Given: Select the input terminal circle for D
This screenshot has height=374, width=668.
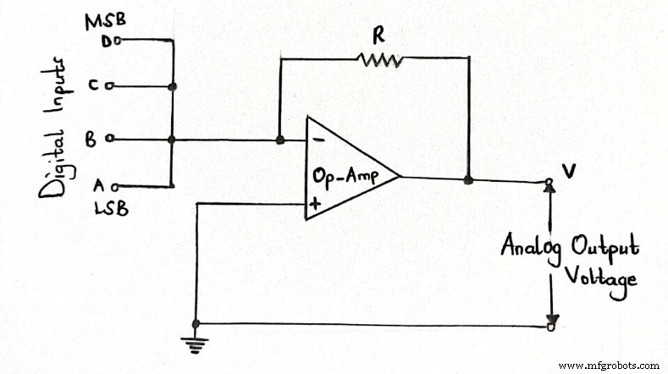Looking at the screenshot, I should [119, 40].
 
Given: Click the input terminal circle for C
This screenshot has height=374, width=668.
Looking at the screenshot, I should [111, 86].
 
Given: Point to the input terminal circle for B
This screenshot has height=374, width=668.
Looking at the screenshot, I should [111, 140].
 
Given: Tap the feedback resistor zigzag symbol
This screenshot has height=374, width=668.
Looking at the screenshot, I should [379, 58].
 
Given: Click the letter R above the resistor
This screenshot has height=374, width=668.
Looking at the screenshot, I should [378, 34].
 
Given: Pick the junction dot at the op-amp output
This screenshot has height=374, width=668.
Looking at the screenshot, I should [468, 179].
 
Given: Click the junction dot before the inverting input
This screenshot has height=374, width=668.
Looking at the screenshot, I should [279, 140].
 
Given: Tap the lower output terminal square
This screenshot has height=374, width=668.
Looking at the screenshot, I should [550, 325].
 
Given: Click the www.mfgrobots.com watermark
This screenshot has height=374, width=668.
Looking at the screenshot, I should [610, 365].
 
